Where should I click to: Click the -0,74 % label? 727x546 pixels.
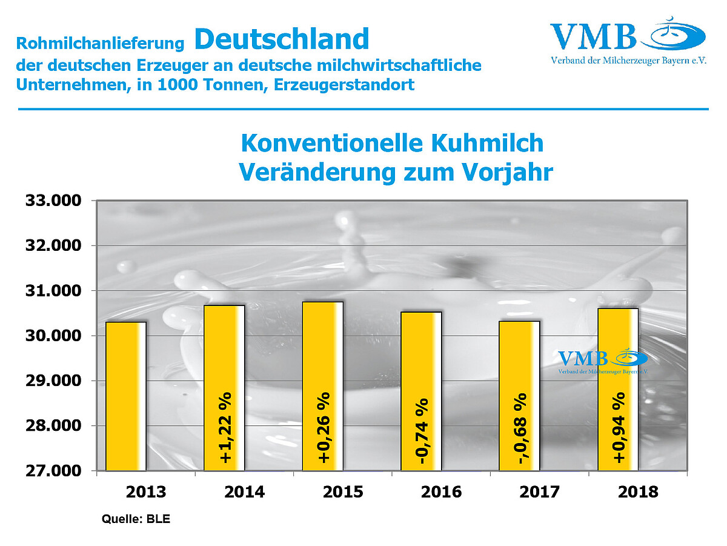pos(422,431)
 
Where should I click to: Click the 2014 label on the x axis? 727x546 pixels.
pos(244,491)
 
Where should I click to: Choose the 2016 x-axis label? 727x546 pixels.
pos(441,491)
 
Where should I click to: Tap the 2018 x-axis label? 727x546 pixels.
pos(638,491)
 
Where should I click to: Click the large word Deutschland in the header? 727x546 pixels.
pos(282,39)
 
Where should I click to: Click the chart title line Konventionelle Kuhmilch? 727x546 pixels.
pos(392,144)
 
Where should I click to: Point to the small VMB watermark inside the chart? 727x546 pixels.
pos(602,361)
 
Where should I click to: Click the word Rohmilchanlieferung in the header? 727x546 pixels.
pos(100,44)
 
